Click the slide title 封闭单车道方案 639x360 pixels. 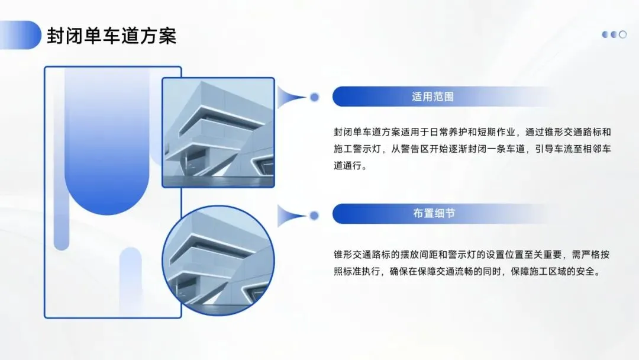(x=112, y=36)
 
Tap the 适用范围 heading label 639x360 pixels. (x=433, y=97)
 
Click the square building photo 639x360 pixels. (x=218, y=133)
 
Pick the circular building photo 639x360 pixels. (x=218, y=261)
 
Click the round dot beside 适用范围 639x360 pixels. (x=315, y=97)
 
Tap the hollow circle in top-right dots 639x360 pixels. (x=622, y=34)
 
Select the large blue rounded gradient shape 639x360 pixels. (x=106, y=142)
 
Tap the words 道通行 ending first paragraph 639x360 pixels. (x=350, y=166)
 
